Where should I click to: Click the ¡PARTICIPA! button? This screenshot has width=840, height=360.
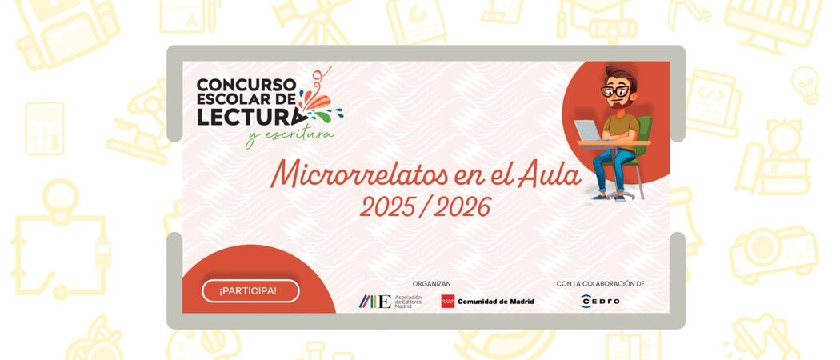(x=250, y=291)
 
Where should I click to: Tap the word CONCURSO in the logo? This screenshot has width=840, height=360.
(x=246, y=85)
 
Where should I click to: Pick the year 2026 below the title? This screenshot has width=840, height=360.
(x=462, y=207)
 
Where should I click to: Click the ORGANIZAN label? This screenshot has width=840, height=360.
(x=431, y=283)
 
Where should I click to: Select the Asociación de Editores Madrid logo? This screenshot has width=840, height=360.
(x=390, y=302)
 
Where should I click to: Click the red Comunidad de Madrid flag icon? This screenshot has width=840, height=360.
(x=448, y=301)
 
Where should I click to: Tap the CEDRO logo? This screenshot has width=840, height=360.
(x=600, y=301)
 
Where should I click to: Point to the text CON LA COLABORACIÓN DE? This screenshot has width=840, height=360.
(x=600, y=283)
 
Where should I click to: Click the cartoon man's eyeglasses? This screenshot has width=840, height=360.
(x=614, y=91)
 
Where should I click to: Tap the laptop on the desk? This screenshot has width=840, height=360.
(x=588, y=130)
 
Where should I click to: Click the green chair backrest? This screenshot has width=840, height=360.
(x=646, y=131)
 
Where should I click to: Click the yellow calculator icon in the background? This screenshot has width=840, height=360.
(x=45, y=129)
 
